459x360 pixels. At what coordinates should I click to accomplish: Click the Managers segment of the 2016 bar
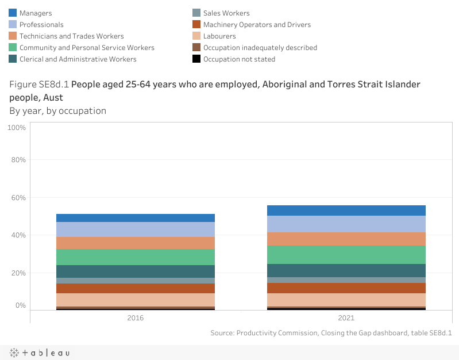pyautogui.click(x=136, y=218)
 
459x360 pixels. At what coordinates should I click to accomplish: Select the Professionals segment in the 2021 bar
pyautogui.click(x=346, y=224)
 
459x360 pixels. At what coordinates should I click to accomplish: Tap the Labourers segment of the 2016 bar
pyautogui.click(x=136, y=300)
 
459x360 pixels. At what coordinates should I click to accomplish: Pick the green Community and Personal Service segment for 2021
pyautogui.click(x=346, y=255)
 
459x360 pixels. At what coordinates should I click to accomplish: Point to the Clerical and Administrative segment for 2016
pyautogui.click(x=136, y=271)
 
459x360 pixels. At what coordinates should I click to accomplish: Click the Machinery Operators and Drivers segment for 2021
pyautogui.click(x=346, y=288)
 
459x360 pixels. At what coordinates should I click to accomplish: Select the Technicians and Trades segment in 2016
pyautogui.click(x=136, y=243)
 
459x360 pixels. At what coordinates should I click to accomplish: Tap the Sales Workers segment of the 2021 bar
pyautogui.click(x=346, y=280)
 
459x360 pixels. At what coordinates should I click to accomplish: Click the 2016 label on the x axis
pyautogui.click(x=136, y=317)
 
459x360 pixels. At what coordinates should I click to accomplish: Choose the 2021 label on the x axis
pyautogui.click(x=346, y=317)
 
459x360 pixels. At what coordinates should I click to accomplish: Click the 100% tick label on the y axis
pyautogui.click(x=17, y=127)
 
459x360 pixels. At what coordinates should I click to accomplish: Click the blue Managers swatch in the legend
pyautogui.click(x=13, y=13)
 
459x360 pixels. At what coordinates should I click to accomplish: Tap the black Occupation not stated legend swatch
pyautogui.click(x=196, y=59)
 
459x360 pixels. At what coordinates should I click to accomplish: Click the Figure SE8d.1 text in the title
pyautogui.click(x=39, y=84)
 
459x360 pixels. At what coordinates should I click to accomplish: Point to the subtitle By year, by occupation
pyautogui.click(x=57, y=110)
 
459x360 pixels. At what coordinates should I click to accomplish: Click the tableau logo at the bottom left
pyautogui.click(x=38, y=353)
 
